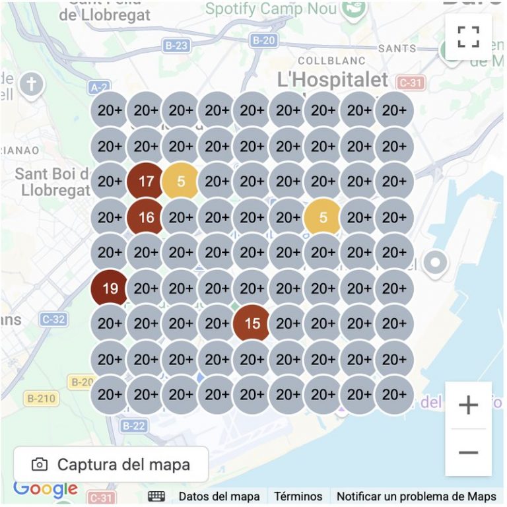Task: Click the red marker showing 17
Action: (146, 181)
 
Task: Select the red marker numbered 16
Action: (146, 217)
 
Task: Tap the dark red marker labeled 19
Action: (110, 288)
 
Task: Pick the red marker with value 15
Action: (252, 323)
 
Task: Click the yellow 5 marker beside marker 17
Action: (181, 181)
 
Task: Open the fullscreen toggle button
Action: (468, 37)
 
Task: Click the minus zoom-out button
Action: (468, 452)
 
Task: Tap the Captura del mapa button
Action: (111, 464)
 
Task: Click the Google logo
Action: (46, 489)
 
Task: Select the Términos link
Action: (298, 496)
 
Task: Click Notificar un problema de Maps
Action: (417, 496)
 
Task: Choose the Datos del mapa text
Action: (219, 496)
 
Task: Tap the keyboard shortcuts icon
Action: (156, 496)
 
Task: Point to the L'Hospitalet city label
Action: (333, 81)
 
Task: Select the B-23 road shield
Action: (176, 46)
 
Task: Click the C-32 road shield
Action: (53, 320)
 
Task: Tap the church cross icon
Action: (31, 84)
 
